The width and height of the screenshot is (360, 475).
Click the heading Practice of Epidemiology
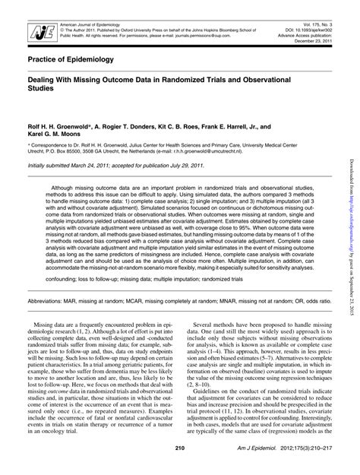coord(71,59)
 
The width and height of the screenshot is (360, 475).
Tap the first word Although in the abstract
coord(68,186)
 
